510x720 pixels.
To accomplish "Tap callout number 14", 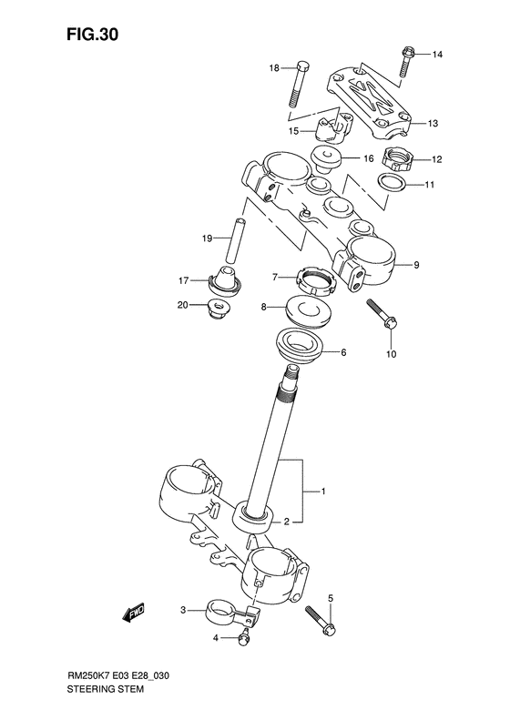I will [x=437, y=55].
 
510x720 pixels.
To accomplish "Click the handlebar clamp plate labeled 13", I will [x=369, y=97].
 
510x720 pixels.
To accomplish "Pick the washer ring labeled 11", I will [x=392, y=188].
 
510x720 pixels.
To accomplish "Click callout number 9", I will [x=416, y=266].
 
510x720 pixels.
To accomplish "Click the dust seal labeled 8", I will [x=309, y=313].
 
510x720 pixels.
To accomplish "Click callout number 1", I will [x=321, y=492].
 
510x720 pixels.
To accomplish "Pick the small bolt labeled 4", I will [x=243, y=638].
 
